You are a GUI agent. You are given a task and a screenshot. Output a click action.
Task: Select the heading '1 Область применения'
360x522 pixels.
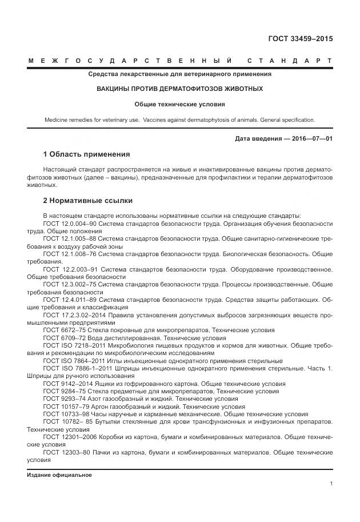[86, 154]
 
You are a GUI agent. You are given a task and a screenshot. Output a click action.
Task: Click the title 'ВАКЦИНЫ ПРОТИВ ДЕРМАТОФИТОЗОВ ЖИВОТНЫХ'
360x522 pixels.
[179, 89]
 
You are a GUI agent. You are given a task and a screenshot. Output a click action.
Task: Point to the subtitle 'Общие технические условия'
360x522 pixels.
[179, 105]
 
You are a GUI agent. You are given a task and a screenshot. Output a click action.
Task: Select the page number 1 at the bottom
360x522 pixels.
[331, 483]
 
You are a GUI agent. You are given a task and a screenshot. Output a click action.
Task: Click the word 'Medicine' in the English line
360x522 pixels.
[57, 120]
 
